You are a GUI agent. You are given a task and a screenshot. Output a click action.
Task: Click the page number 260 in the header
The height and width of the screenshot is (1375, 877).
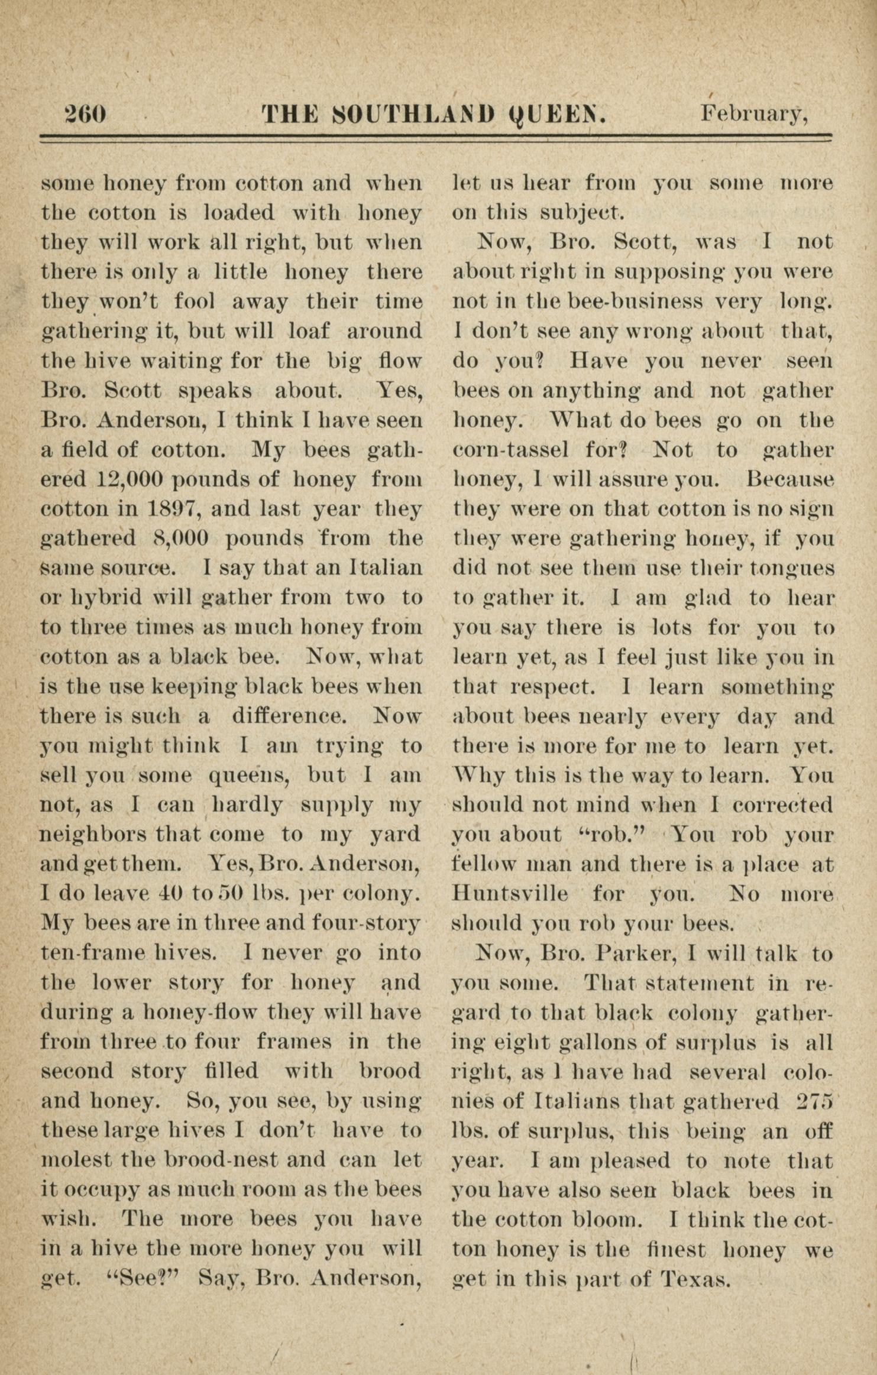point(86,112)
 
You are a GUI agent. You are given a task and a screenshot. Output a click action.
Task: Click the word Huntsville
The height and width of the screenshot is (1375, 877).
point(510,893)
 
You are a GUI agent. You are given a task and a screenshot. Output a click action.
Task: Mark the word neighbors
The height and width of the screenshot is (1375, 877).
point(94,835)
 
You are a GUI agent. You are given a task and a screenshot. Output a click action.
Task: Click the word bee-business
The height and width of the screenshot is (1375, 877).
point(635,302)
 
